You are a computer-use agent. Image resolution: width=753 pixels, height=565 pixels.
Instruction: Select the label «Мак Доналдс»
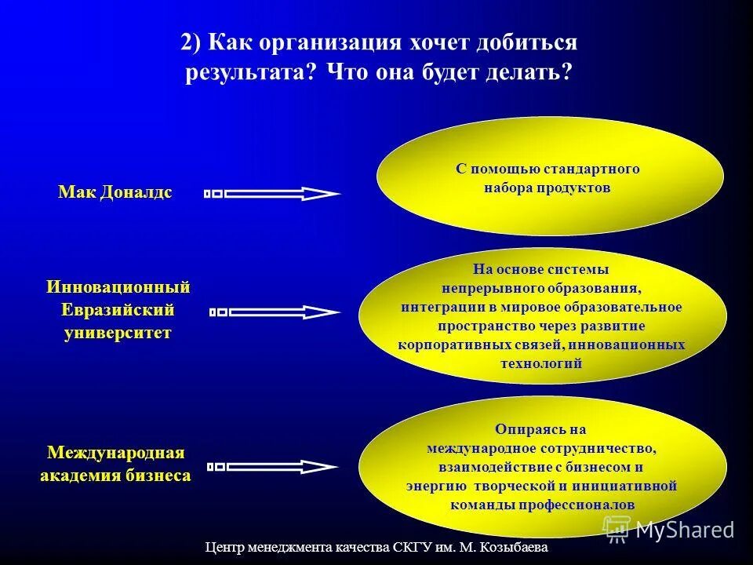click(115, 192)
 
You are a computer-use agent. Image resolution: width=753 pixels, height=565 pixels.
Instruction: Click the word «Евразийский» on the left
click(118, 310)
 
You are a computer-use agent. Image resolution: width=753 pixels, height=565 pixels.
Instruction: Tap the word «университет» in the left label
click(118, 333)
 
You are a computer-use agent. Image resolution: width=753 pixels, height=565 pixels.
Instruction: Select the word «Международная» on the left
click(116, 453)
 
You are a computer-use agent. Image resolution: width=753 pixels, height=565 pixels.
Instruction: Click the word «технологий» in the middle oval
click(541, 363)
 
